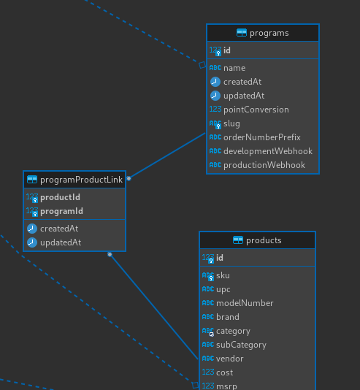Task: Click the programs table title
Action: (269, 33)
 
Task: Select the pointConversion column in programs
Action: (256, 110)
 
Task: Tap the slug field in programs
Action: (231, 123)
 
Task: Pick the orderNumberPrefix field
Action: (262, 137)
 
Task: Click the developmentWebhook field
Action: (268, 151)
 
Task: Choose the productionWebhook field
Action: (264, 165)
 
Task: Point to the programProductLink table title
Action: (81, 180)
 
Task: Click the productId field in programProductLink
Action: (60, 197)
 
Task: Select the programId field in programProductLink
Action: (61, 211)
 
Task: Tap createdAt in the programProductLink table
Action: (59, 229)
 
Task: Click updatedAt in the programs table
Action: (244, 96)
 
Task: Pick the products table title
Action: (264, 240)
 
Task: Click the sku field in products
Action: (223, 275)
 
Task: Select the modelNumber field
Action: (245, 303)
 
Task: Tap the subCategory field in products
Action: (241, 345)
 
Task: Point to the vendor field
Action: (230, 359)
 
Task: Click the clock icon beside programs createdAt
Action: (215, 82)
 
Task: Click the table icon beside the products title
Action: (238, 240)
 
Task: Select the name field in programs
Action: (234, 68)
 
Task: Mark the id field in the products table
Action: (220, 258)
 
